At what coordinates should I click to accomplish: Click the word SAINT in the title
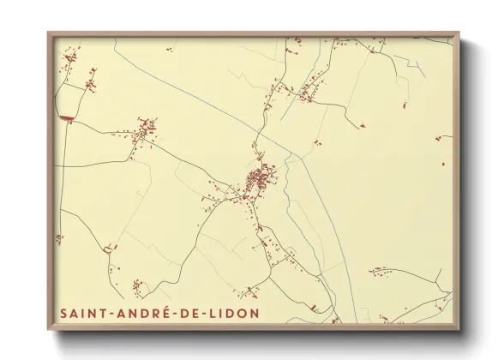(81, 312)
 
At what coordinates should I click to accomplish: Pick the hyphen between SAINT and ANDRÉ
(107, 313)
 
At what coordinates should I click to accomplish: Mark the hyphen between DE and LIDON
(196, 313)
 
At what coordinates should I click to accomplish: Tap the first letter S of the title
(63, 312)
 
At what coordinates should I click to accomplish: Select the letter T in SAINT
(99, 312)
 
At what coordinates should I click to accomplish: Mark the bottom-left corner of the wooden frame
(49, 329)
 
